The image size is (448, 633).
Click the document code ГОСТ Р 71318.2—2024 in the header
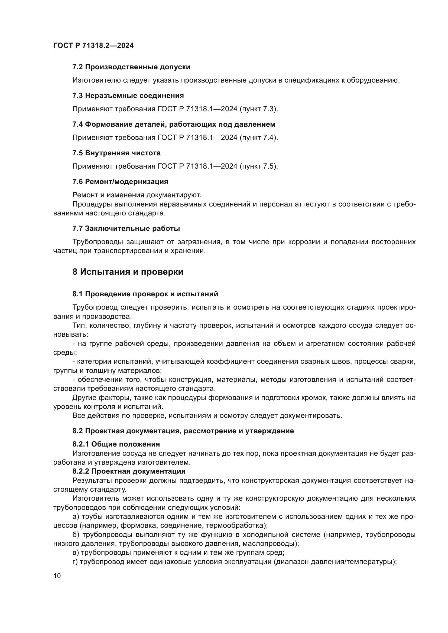tap(93, 46)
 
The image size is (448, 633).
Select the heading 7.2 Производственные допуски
tap(131, 67)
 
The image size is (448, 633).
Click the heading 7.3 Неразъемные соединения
tap(128, 96)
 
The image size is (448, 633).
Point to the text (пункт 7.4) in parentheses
tap(258, 137)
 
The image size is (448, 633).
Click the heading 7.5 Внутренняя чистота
tap(116, 153)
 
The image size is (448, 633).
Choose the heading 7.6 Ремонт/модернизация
tap(120, 182)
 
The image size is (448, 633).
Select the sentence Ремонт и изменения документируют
tap(137, 195)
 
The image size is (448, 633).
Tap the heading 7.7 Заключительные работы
tap(126, 229)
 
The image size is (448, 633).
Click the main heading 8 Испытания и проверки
tap(128, 272)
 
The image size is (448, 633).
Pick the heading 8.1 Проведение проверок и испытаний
tap(145, 294)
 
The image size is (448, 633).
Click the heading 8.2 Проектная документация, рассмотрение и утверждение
tap(183, 431)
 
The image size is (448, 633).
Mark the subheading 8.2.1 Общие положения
tap(116, 444)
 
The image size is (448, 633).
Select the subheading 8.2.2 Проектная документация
tap(129, 471)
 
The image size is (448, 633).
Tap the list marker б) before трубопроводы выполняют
tap(76, 534)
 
